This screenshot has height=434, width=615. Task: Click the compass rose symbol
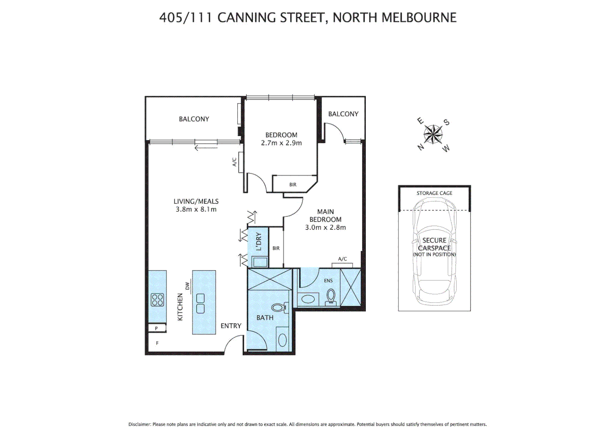(433, 134)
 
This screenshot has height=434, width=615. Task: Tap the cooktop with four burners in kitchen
(157, 300)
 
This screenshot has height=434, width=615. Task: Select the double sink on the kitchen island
(200, 303)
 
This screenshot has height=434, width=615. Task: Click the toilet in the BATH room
(279, 308)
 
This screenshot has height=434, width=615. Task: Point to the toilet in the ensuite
(331, 296)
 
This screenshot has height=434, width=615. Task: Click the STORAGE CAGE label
(434, 193)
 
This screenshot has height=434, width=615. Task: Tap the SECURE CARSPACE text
(434, 244)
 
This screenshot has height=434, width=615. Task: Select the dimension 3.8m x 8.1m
(196, 209)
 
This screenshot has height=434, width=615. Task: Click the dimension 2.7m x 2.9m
(281, 143)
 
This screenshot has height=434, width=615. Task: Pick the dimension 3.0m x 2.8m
(325, 227)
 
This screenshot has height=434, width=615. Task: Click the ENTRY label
(231, 326)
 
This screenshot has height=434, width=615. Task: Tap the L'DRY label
(259, 242)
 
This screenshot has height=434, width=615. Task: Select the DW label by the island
(187, 286)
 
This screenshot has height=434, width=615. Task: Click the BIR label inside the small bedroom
(293, 185)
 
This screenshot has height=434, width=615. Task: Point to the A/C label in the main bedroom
(343, 259)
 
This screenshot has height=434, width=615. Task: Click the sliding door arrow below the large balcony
(206, 148)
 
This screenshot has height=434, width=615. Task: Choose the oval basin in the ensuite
(308, 299)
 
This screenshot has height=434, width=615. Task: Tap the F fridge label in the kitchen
(157, 343)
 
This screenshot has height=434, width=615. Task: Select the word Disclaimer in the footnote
(139, 424)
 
